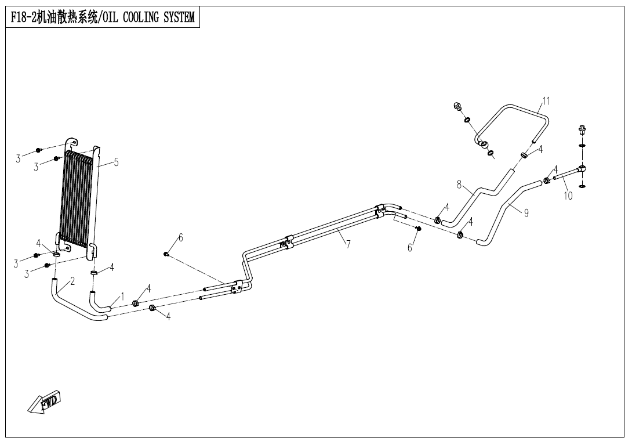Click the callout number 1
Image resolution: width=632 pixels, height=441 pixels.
[122, 297]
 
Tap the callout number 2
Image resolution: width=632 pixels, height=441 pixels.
[72, 281]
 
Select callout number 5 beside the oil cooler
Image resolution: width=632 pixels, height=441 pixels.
[116, 162]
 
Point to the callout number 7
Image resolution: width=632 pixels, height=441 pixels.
[348, 244]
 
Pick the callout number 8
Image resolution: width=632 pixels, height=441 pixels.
[459, 185]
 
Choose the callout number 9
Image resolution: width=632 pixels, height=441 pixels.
[526, 213]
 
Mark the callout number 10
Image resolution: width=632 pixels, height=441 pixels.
[568, 196]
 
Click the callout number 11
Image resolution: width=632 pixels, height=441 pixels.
[546, 101]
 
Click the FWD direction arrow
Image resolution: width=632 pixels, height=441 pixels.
[44, 402]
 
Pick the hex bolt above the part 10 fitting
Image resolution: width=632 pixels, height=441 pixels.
[582, 129]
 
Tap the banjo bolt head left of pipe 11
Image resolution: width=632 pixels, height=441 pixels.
[457, 106]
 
